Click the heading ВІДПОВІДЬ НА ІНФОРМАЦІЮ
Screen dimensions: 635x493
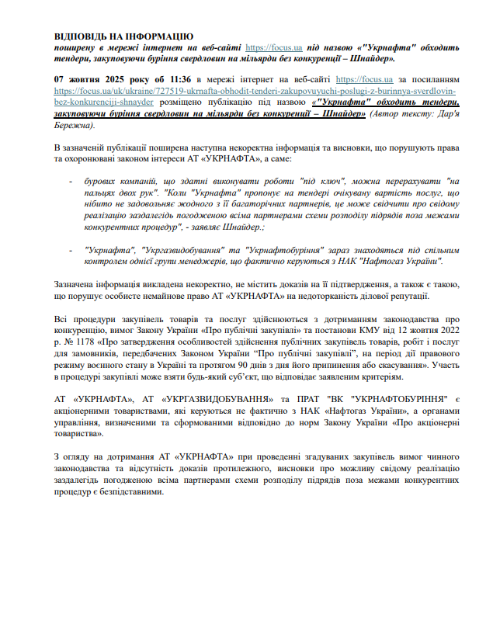pos(123,36)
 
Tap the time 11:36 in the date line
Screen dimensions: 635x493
pos(173,80)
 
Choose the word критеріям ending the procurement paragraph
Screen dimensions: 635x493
pos(378,376)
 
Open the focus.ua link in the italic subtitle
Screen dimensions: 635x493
pos(263,47)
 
